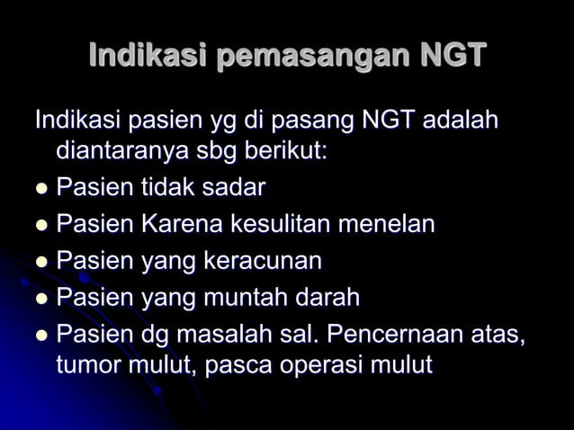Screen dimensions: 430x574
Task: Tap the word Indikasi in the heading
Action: [x=148, y=56]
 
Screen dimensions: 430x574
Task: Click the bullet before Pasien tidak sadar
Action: [x=40, y=190]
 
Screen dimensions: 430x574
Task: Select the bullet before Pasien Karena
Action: [x=40, y=226]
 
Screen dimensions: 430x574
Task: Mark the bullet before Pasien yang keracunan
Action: [x=40, y=263]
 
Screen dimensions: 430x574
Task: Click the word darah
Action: [x=327, y=297]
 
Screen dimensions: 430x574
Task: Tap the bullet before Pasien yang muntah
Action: [x=40, y=299]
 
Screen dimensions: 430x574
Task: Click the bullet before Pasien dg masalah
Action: [x=40, y=336]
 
